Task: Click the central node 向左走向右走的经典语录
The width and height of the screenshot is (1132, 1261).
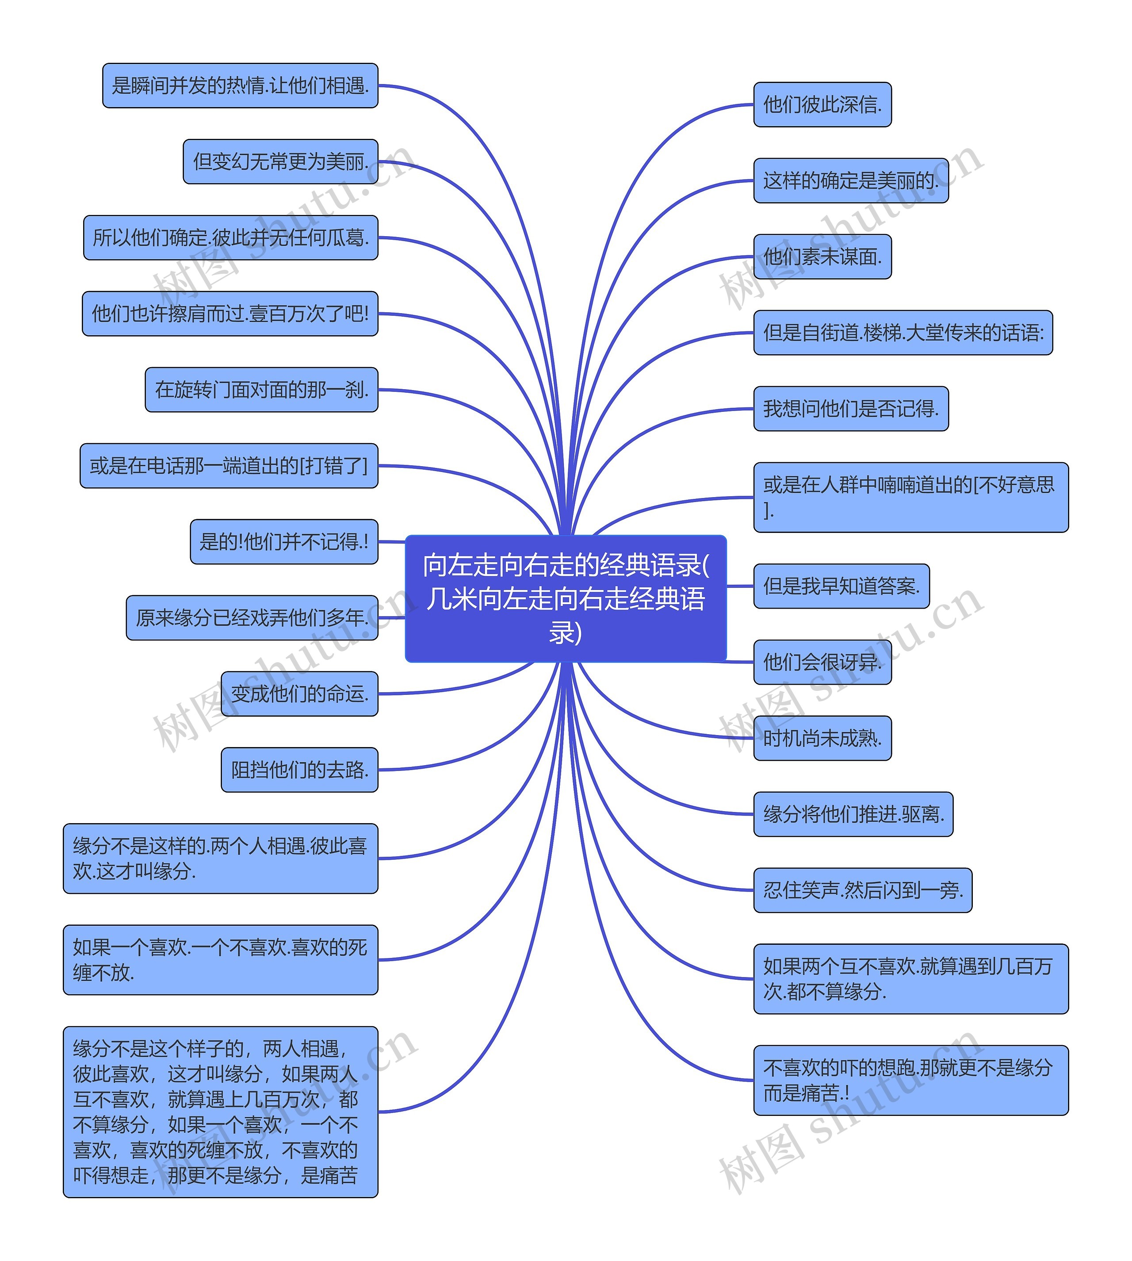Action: (566, 598)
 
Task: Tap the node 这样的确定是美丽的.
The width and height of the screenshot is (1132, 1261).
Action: (850, 180)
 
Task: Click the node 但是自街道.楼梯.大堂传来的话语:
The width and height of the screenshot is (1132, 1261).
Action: (903, 333)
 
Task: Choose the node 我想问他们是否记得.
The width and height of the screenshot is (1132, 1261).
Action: (850, 409)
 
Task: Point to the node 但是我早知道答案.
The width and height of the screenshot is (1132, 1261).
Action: (841, 586)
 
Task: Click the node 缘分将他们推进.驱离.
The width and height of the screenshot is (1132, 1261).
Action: (853, 814)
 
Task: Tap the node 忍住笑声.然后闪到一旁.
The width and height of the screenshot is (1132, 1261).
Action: (862, 890)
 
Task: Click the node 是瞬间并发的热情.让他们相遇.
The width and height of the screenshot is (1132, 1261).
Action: (240, 85)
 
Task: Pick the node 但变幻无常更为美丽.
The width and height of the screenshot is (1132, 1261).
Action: (280, 161)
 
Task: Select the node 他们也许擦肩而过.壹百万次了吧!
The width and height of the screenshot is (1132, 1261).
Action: (230, 314)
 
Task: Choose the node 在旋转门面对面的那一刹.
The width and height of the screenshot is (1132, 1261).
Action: (261, 389)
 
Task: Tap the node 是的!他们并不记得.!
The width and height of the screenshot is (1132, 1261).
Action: (283, 542)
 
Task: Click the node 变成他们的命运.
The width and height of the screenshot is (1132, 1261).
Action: (299, 694)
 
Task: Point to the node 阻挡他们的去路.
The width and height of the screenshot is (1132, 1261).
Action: (299, 770)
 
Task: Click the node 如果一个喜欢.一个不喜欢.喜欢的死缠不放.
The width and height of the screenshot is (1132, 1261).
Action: (220, 960)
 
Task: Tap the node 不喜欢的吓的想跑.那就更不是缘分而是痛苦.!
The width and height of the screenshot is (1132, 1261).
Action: (910, 1081)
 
